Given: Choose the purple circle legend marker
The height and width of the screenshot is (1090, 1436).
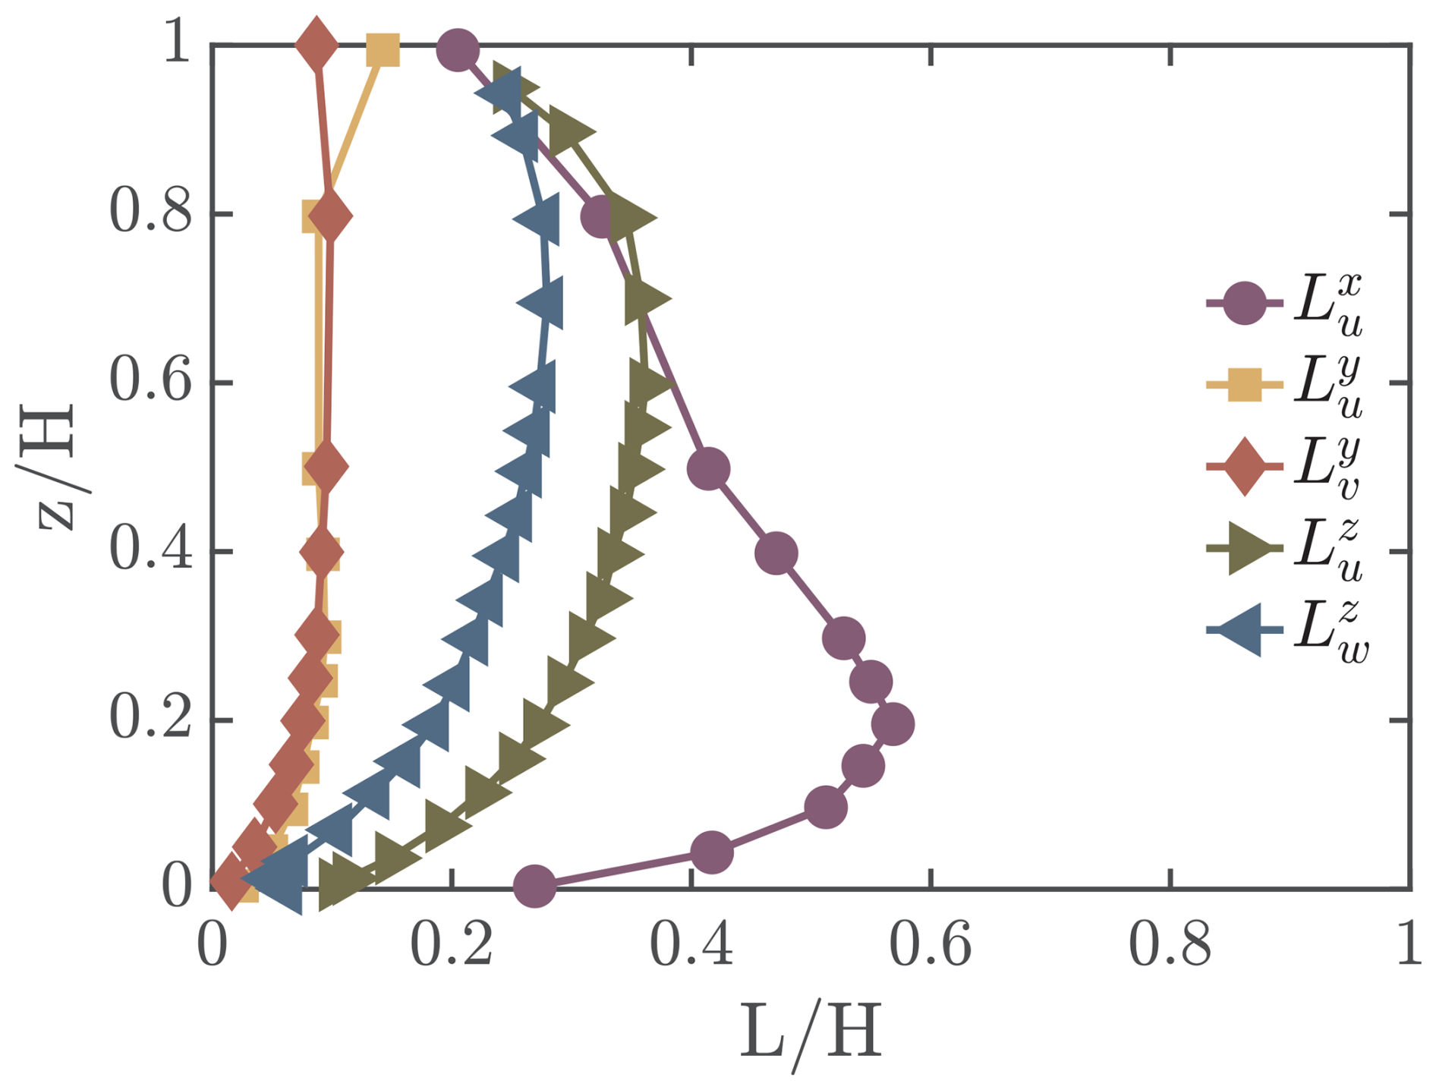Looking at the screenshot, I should (x=1245, y=304).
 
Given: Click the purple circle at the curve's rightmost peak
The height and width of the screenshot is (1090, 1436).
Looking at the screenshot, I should (x=893, y=724).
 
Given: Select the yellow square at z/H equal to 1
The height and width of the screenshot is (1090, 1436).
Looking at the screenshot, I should (x=383, y=51).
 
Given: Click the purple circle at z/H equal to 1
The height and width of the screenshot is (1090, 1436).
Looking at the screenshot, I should (x=458, y=51).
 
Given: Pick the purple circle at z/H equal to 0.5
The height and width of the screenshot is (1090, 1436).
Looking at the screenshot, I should (x=708, y=468).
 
